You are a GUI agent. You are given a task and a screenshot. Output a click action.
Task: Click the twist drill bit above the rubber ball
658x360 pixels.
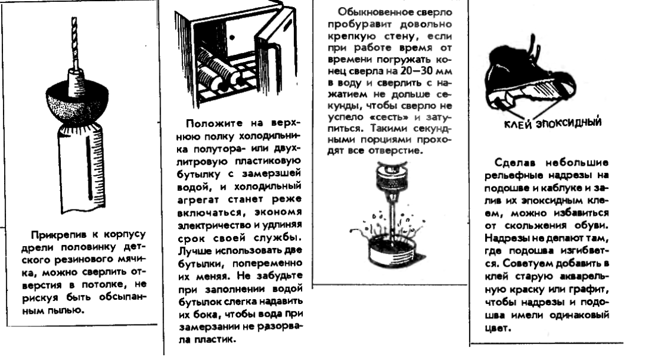74,41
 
